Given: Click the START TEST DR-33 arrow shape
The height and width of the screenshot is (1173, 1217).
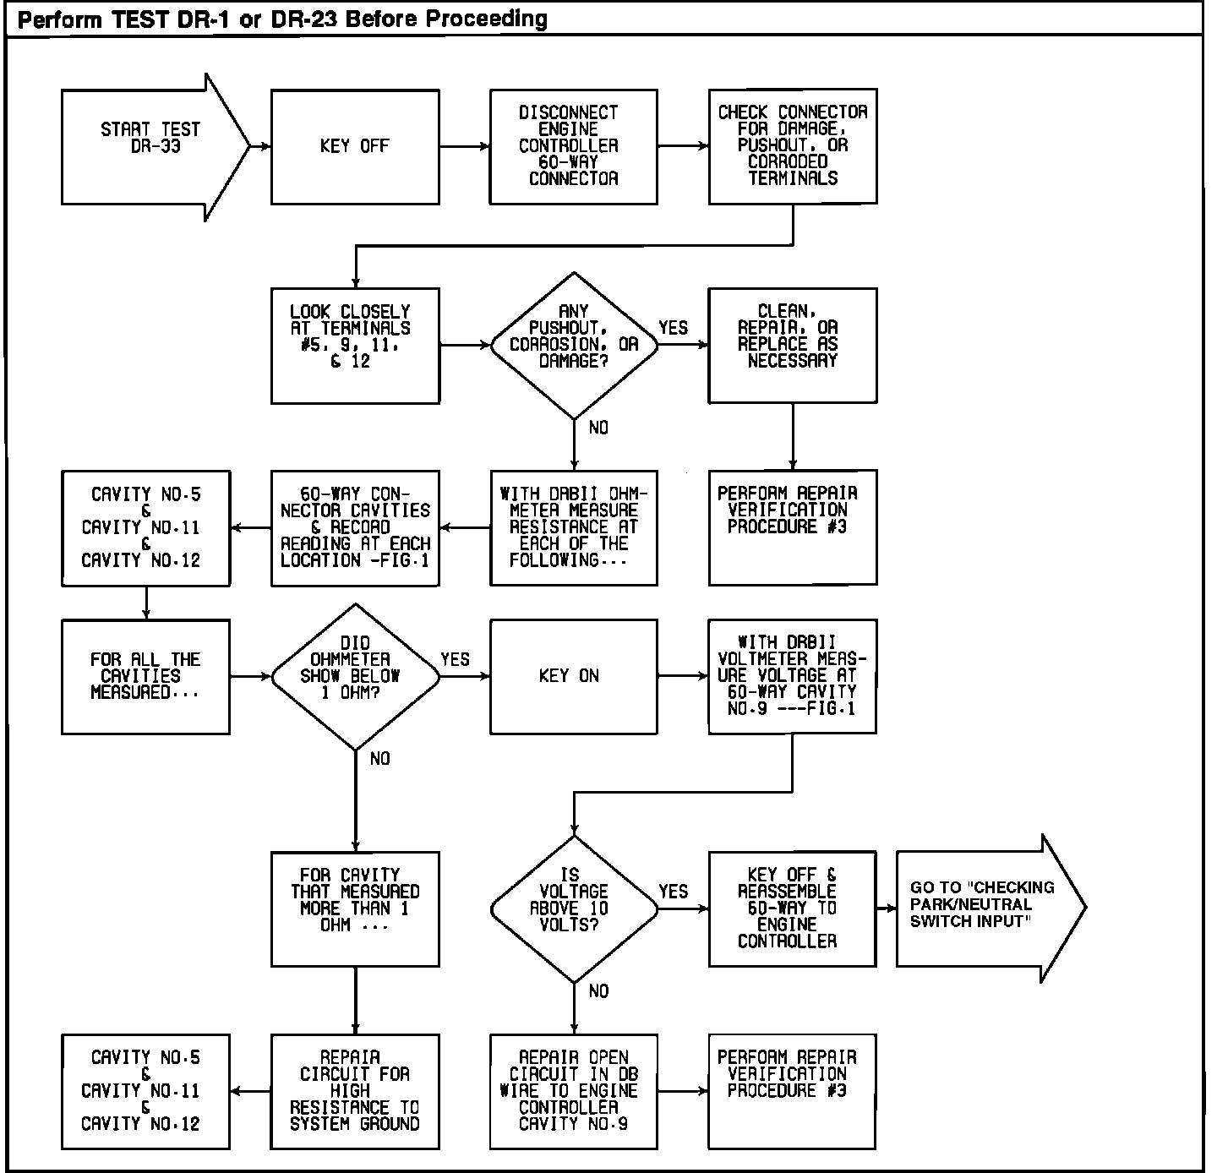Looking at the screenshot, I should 152,147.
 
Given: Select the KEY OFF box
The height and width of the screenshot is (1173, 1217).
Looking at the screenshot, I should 355,147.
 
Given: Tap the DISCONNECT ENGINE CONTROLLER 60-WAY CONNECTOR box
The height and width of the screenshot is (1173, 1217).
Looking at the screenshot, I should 574,147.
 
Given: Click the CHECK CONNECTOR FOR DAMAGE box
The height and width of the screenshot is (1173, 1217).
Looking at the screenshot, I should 793,147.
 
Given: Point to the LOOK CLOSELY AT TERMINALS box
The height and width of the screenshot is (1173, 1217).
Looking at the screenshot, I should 355,345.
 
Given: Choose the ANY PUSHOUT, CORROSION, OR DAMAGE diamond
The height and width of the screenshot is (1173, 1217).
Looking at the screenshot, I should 574,345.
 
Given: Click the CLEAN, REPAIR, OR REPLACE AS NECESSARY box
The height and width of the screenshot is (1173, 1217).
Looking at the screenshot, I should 793,345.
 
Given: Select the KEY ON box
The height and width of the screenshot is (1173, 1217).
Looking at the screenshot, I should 574,676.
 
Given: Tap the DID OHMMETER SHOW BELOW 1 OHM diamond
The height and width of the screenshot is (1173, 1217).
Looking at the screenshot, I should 355,676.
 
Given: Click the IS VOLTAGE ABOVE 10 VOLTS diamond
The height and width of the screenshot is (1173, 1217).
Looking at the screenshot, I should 574,908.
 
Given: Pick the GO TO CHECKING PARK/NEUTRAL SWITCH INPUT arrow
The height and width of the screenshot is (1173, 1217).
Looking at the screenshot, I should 985,908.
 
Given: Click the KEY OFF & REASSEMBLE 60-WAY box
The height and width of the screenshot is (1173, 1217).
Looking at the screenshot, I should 793,908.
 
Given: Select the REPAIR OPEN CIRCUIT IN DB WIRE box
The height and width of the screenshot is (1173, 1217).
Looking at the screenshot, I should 574,1091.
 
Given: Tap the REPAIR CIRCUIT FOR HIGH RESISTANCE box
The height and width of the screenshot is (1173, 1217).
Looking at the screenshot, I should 355,1091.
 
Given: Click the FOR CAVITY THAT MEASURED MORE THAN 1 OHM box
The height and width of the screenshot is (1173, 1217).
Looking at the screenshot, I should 355,908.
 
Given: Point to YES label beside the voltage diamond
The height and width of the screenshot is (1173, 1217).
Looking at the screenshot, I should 674,892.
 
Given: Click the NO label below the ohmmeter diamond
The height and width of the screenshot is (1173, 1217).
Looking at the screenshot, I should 380,759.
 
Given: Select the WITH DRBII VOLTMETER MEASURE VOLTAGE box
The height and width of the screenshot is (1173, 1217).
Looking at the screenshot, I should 793,676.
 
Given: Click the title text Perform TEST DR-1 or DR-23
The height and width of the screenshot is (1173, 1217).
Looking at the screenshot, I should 282,19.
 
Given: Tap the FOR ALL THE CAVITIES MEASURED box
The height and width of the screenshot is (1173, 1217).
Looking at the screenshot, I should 145,676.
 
